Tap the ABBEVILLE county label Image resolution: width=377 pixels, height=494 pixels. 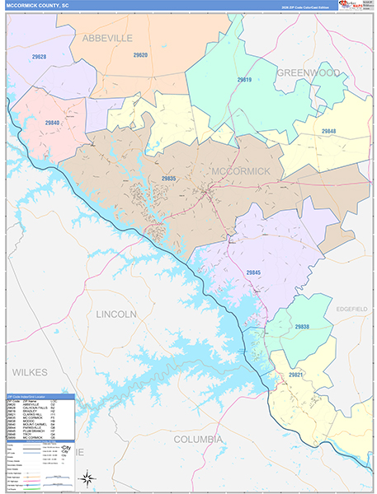tap(106, 38)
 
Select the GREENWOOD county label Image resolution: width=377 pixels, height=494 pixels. tap(307, 73)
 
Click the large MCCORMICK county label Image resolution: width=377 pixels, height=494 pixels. tap(241, 170)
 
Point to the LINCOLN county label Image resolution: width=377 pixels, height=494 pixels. tap(116, 315)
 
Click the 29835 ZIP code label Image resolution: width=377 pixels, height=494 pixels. tap(168, 178)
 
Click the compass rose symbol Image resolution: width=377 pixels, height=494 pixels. tap(86, 477)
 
